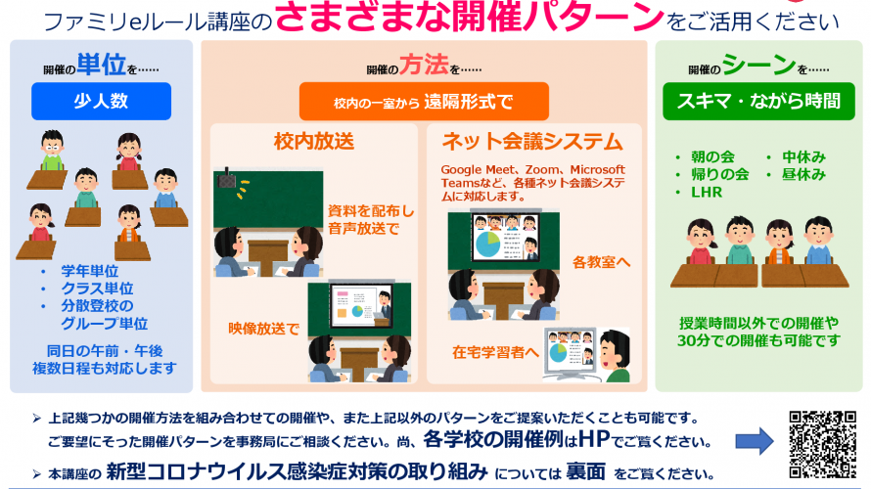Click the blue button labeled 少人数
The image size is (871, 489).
tap(101, 101)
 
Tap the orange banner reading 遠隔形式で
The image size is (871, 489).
tap(424, 102)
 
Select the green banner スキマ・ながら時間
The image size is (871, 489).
tap(758, 101)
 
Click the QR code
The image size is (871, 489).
tap(823, 444)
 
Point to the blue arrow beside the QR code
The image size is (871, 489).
tap(755, 441)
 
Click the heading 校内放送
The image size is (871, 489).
tap(314, 142)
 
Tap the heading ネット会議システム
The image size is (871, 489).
tap(532, 142)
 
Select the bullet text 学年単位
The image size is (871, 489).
tap(90, 271)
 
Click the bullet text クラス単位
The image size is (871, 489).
tap(97, 289)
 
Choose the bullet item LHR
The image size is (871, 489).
tap(707, 192)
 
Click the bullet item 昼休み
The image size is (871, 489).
tap(803, 174)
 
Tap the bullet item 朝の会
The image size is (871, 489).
tap(712, 156)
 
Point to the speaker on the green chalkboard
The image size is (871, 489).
tap(226, 179)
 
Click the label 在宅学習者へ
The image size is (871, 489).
tap(495, 352)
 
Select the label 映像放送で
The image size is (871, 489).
tap(264, 329)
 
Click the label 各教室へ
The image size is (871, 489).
tap(602, 262)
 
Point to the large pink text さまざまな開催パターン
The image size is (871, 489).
tap(470, 16)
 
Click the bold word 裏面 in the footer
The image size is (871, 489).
tap(585, 471)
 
